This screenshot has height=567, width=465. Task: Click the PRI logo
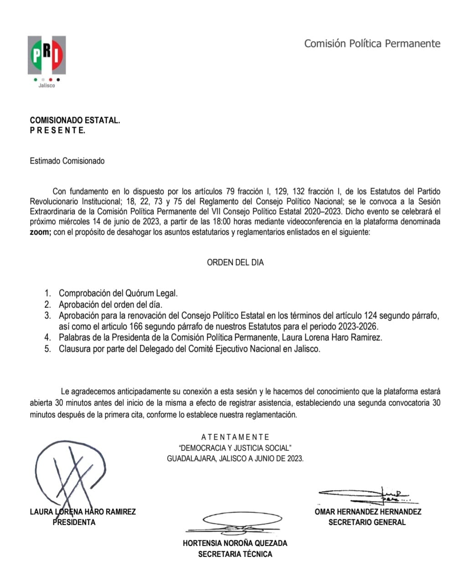[46, 55]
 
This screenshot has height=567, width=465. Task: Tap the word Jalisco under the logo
[46, 85]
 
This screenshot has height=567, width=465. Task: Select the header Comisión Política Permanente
[372, 44]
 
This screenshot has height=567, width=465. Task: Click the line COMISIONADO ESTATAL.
[75, 121]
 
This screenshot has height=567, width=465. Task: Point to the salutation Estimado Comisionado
[67, 161]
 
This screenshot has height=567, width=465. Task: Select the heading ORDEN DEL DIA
[235, 262]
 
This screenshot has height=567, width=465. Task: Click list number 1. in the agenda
[48, 294]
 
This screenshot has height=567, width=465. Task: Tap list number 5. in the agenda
[48, 349]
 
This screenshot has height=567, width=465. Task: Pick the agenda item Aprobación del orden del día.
[110, 305]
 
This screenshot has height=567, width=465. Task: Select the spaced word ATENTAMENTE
[235, 437]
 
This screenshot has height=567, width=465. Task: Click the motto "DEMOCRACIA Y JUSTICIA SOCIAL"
[235, 448]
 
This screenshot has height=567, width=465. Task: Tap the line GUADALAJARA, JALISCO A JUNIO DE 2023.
[235, 459]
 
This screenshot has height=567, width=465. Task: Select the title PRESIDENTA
[74, 522]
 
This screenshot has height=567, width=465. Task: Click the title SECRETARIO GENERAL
[367, 522]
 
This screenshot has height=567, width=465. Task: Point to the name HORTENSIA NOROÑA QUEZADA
[235, 543]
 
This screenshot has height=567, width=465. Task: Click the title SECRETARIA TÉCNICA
[235, 554]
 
